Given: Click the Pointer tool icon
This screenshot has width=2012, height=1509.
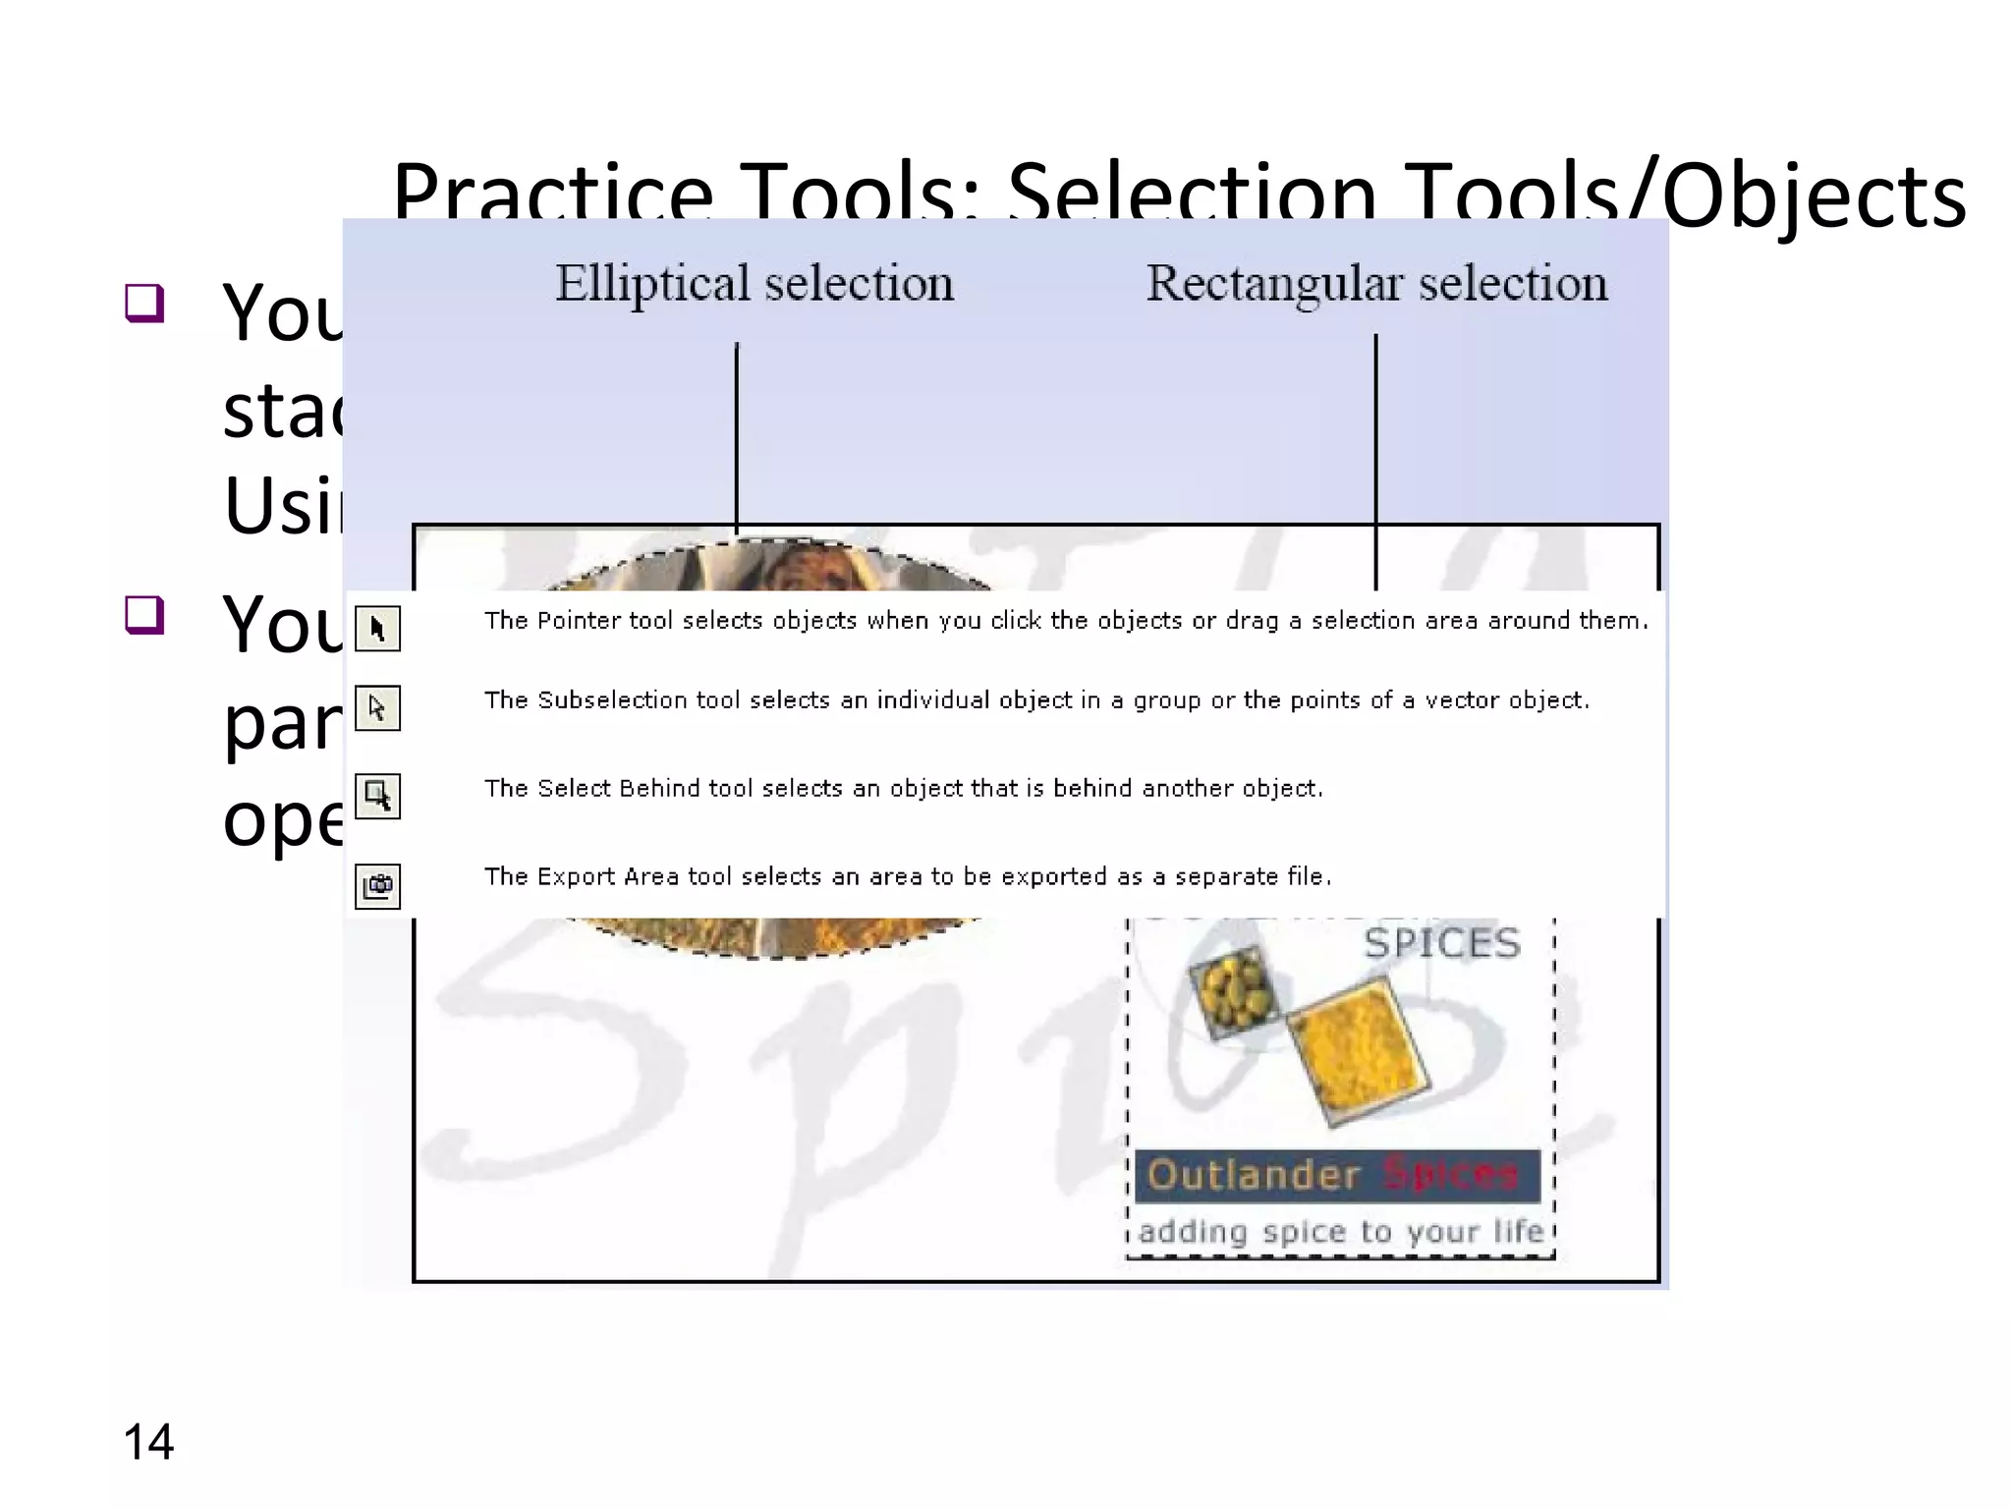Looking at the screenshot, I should coord(377,628).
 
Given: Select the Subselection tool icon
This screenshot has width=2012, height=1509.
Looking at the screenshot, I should coord(377,707).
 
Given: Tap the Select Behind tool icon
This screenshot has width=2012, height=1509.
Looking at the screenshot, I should coord(377,795).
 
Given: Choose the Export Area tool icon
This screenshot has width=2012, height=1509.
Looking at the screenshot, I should coord(377,885).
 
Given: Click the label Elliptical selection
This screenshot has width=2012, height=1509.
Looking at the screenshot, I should coord(754,284).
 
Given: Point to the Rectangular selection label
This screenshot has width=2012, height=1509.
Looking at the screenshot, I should coord(1376,284).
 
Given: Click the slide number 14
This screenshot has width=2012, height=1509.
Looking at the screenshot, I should coord(148,1442).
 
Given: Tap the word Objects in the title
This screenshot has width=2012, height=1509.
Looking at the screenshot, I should coord(1814,196).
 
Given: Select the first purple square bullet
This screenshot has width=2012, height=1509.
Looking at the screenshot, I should coord(144,303).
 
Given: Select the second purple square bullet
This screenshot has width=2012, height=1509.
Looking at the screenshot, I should coord(144,615).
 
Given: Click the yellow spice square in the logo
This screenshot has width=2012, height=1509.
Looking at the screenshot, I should coord(1356,1049).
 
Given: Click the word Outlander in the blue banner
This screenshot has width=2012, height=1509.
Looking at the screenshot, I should coord(1254,1175).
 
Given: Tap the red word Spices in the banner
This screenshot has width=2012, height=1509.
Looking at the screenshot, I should coord(1451,1173).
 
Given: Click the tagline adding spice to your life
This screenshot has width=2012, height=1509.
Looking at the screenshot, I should coord(1341,1231).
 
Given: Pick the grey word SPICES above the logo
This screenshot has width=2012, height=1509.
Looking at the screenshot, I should coord(1441,943).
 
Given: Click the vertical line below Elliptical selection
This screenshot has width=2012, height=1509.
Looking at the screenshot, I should coord(737,432).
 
